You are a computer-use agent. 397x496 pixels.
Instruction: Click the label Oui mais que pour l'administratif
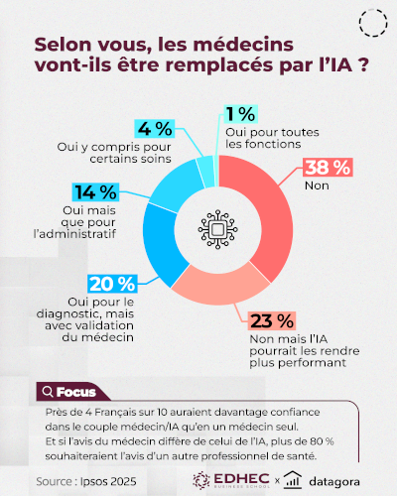[x=70, y=227]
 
